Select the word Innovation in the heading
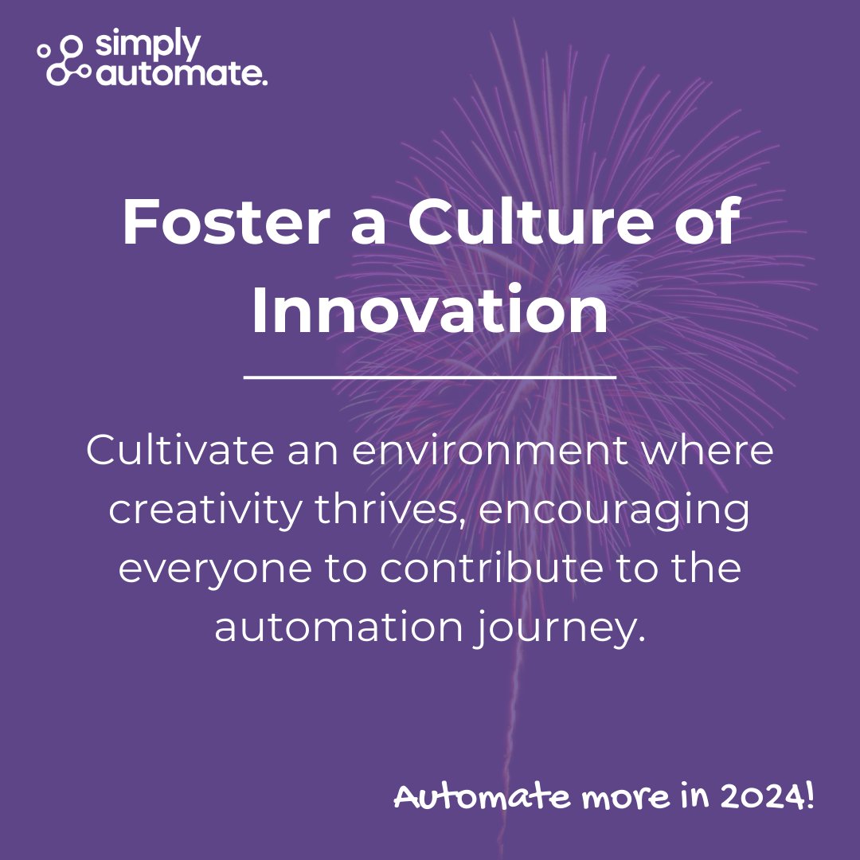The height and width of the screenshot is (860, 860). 430,312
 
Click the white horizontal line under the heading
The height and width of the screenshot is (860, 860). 430,377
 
